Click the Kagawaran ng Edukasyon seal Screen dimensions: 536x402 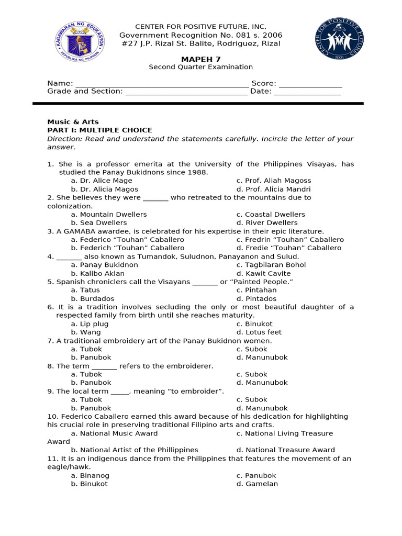click(x=80, y=41)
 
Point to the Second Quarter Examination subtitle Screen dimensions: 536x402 click(x=200, y=67)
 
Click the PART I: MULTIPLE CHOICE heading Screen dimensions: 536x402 click(x=99, y=130)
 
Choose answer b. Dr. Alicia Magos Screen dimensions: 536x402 click(x=105, y=189)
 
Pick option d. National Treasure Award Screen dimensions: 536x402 click(x=285, y=450)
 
